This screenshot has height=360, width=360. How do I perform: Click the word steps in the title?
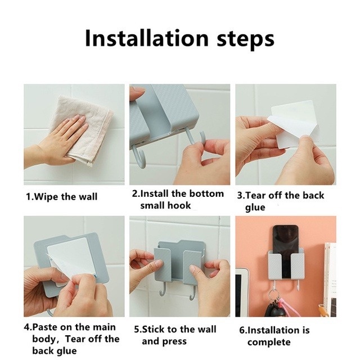[x=245, y=39]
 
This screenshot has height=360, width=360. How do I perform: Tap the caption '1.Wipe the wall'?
[x=61, y=197]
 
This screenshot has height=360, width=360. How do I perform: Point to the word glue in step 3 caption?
[x=255, y=208]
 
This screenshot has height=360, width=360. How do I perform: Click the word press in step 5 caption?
[x=175, y=341]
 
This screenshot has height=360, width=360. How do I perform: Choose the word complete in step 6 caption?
[x=269, y=343]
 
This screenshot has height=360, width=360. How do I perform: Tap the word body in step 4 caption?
[x=44, y=339]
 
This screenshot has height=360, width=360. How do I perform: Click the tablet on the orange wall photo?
[x=242, y=292]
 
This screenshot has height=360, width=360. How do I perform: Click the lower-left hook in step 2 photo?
[x=140, y=157]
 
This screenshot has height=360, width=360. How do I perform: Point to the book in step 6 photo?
[x=330, y=279]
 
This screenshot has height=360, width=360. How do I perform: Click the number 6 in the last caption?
[x=242, y=331]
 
